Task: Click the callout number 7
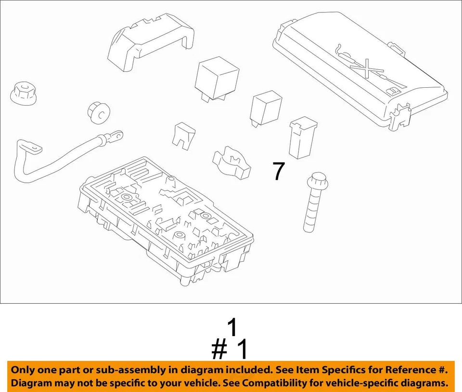279,171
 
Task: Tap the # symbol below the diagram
219,350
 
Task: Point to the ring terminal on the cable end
115,137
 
